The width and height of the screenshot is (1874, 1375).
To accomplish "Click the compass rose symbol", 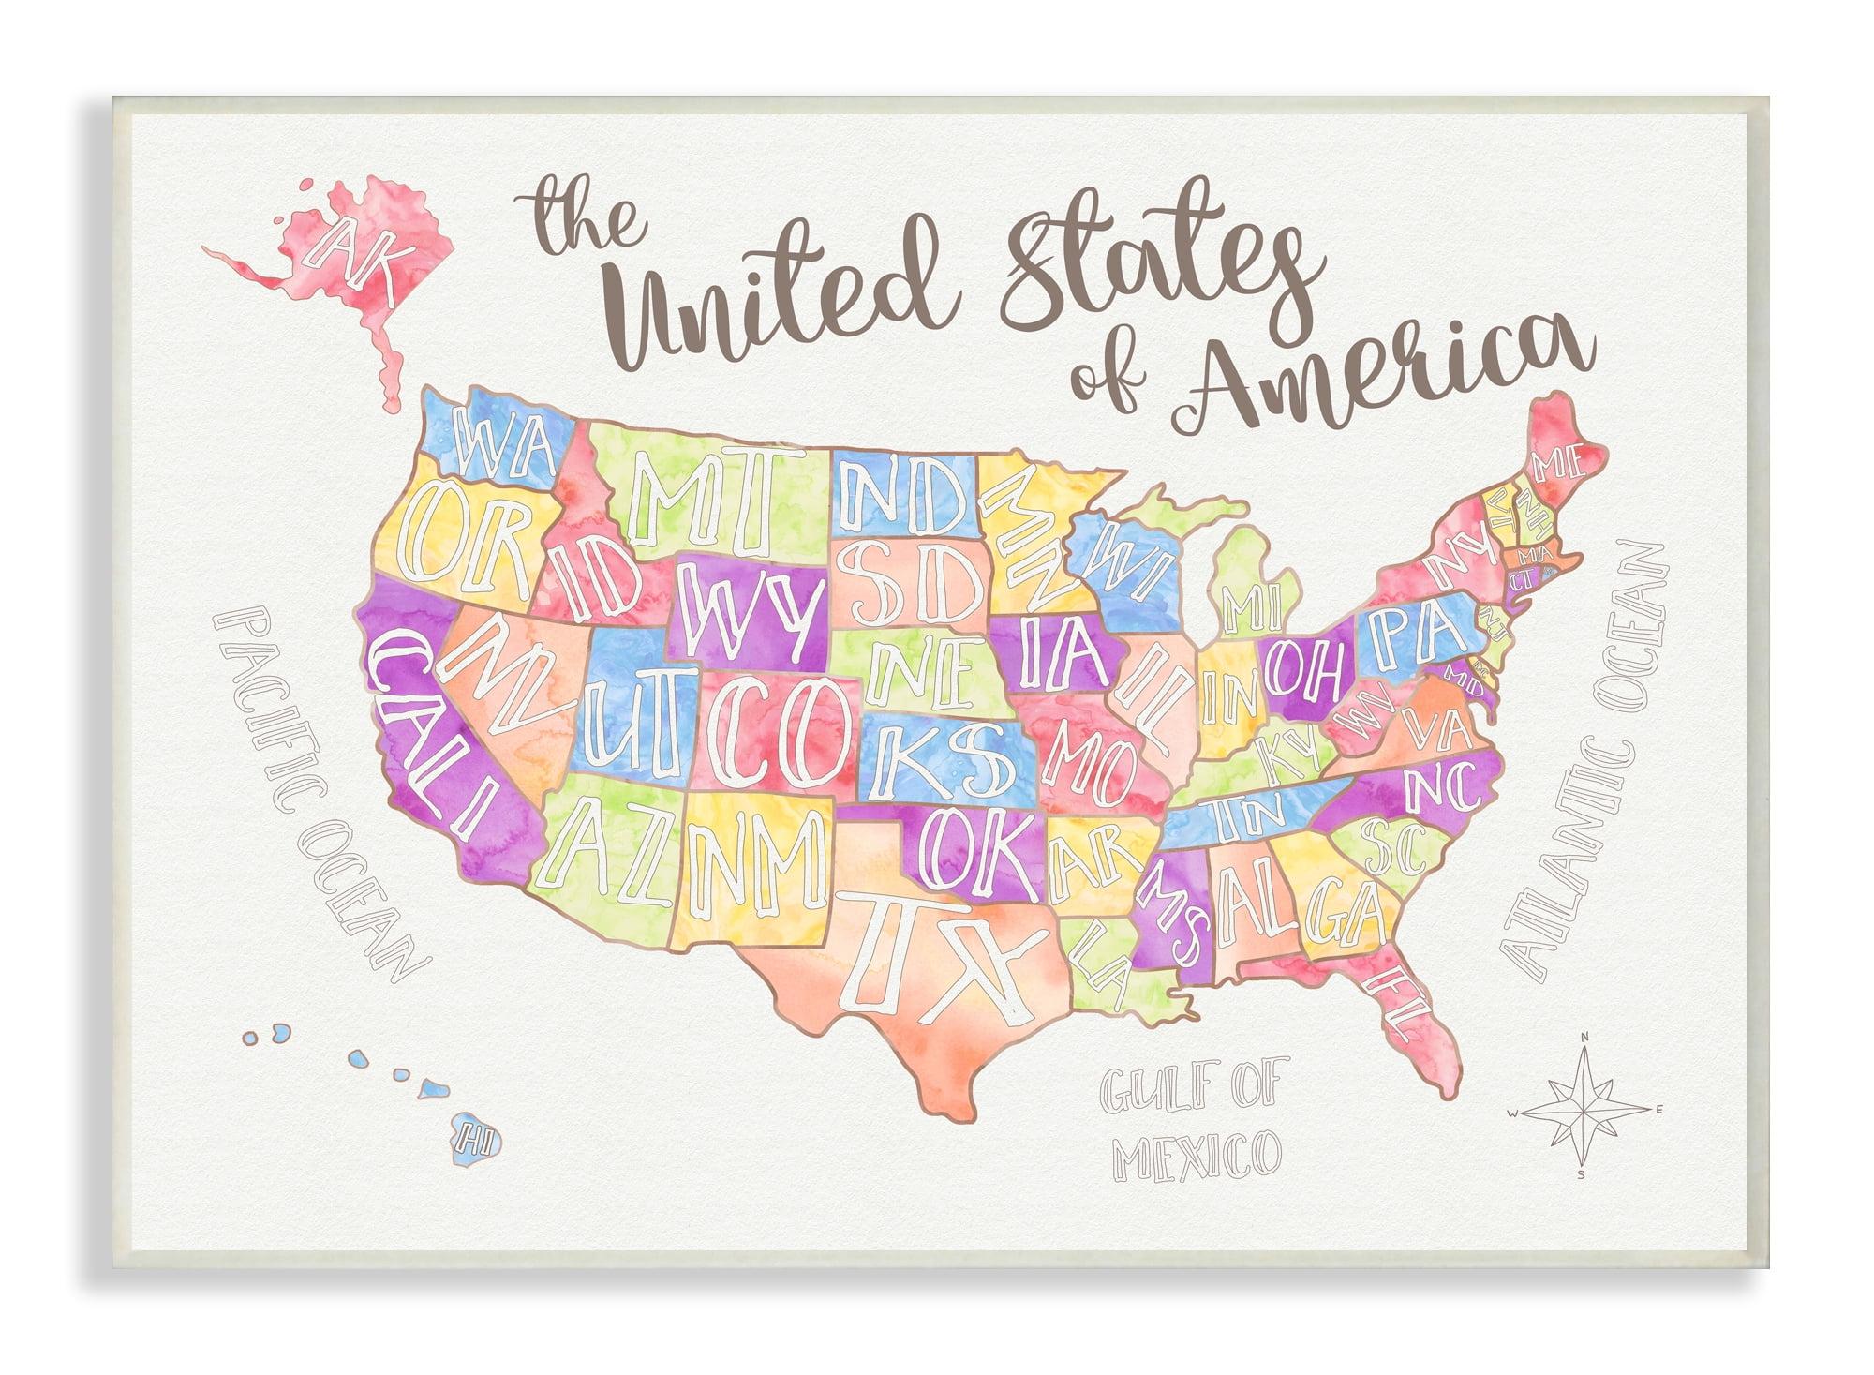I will [x=1582, y=1112].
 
